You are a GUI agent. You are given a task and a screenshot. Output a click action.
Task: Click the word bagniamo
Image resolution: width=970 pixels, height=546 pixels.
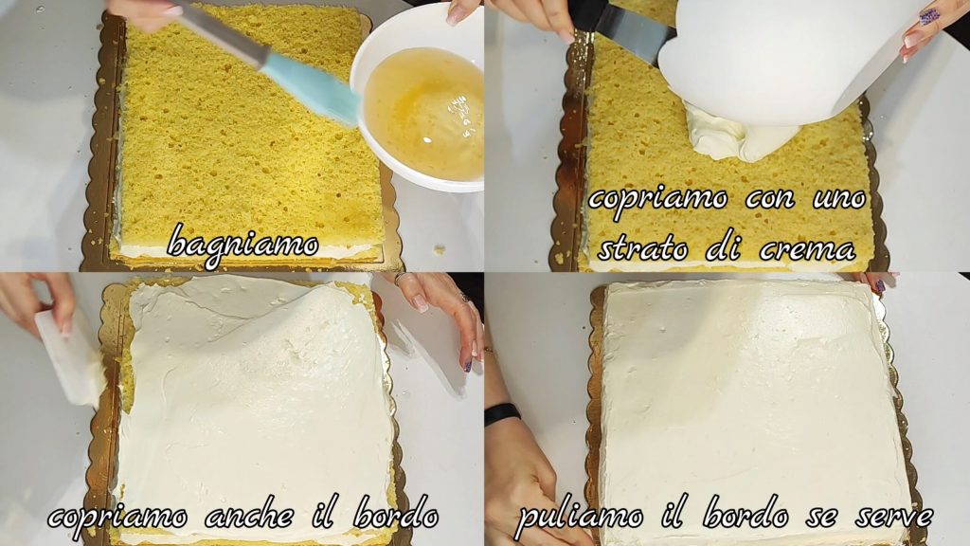[x=242, y=246]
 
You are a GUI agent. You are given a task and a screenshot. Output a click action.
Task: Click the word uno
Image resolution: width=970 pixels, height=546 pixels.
[x=840, y=199]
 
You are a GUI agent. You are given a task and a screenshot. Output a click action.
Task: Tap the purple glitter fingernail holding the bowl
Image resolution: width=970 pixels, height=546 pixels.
[x=929, y=16]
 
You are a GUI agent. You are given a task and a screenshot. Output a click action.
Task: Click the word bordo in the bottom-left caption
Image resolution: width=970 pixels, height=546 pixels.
[x=396, y=515]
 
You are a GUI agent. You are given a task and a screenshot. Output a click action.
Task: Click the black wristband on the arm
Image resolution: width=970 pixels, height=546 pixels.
[x=502, y=414]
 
